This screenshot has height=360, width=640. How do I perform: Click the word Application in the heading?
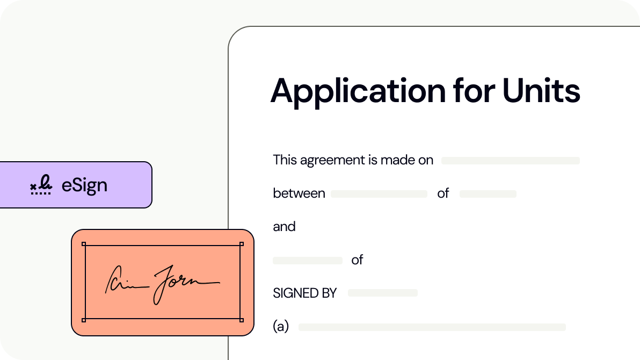pos(357,91)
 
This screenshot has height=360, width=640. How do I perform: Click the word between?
pos(299,193)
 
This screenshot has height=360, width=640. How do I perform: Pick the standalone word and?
pos(284,227)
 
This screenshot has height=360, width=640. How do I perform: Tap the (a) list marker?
pos(281,327)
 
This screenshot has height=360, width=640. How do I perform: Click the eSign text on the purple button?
pos(84,185)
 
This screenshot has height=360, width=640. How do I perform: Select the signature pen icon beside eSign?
pos(41,185)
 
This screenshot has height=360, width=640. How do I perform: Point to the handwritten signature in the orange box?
pos(161,283)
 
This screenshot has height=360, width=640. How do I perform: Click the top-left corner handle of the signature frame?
pos(84,244)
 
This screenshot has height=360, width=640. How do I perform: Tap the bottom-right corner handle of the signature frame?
pos(241,320)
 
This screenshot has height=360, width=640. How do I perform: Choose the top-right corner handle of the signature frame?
pos(241,244)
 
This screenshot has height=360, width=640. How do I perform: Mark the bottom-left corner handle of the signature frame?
pos(84,320)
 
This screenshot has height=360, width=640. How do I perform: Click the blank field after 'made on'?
pos(510,161)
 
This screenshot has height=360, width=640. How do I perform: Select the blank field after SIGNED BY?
pos(382,293)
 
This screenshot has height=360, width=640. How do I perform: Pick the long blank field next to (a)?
pos(432,327)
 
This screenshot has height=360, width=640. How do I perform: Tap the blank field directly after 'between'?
pos(379,194)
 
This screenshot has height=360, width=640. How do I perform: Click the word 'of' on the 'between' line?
pos(443,193)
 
